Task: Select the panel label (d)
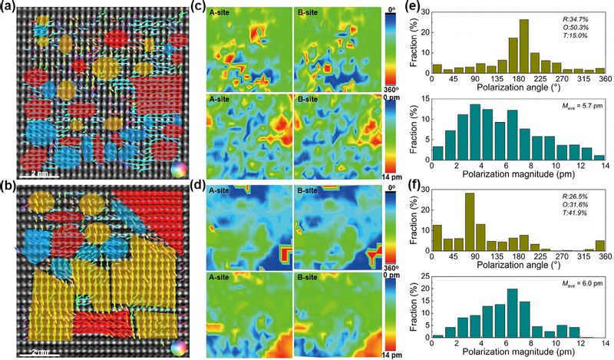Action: [x=196, y=187]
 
